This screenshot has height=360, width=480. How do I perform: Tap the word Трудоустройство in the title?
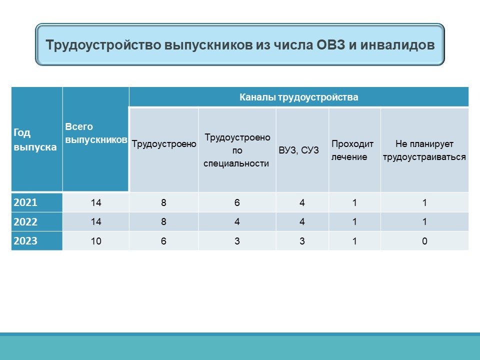(x=103, y=45)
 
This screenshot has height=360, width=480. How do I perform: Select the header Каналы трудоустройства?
(x=299, y=97)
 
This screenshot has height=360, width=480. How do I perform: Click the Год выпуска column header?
(x=35, y=140)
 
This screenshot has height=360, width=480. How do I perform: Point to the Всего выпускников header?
(x=96, y=133)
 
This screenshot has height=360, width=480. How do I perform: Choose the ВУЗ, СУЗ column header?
(x=299, y=150)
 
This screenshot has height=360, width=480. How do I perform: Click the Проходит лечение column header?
(x=352, y=150)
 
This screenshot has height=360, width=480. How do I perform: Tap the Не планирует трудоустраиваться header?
(x=424, y=150)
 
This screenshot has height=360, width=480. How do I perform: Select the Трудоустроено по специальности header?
(x=237, y=150)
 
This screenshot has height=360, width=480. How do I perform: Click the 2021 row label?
(x=25, y=202)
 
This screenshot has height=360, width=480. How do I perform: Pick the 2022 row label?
(x=25, y=221)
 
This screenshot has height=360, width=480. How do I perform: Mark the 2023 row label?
(x=25, y=241)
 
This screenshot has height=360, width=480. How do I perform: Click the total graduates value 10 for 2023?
(x=96, y=241)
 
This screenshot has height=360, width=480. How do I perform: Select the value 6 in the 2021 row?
(x=237, y=202)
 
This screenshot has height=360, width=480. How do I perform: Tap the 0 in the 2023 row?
(x=424, y=241)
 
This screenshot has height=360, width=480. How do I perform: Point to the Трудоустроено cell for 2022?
(x=164, y=221)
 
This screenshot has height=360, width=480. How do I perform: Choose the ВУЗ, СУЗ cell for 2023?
(x=302, y=241)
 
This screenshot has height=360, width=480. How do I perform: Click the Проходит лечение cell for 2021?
(x=354, y=202)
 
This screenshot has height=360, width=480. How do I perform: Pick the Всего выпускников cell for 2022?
(x=96, y=221)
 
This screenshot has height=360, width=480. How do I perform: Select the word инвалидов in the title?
(x=397, y=45)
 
